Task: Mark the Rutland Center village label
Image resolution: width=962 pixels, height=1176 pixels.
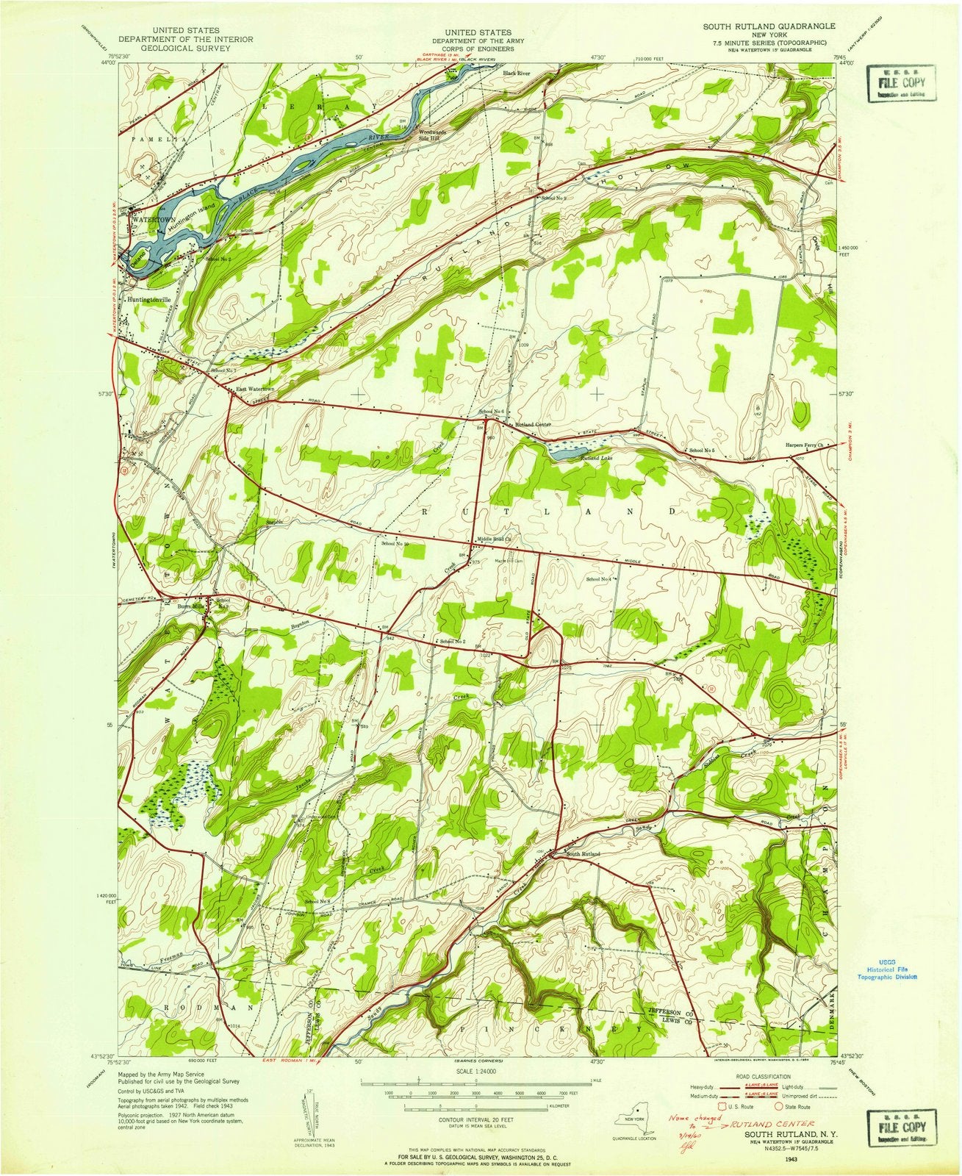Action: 533,425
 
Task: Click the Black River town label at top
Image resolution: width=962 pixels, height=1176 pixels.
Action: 516,73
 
